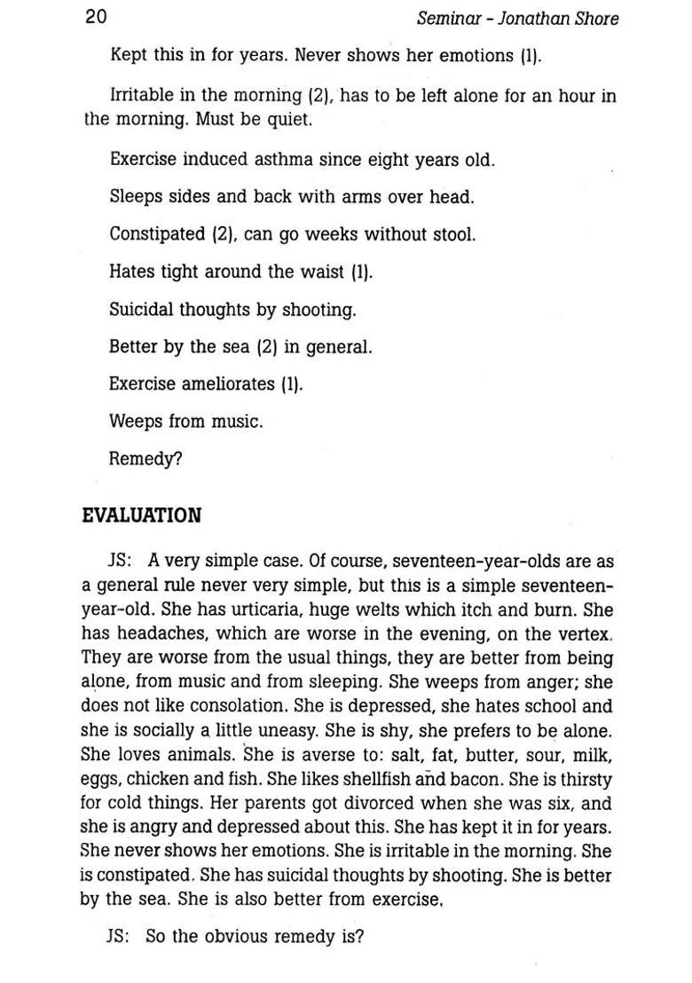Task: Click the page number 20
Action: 96,17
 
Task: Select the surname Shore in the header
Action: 596,18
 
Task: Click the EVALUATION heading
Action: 141,515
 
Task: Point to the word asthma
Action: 287,160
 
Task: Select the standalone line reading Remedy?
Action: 145,459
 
